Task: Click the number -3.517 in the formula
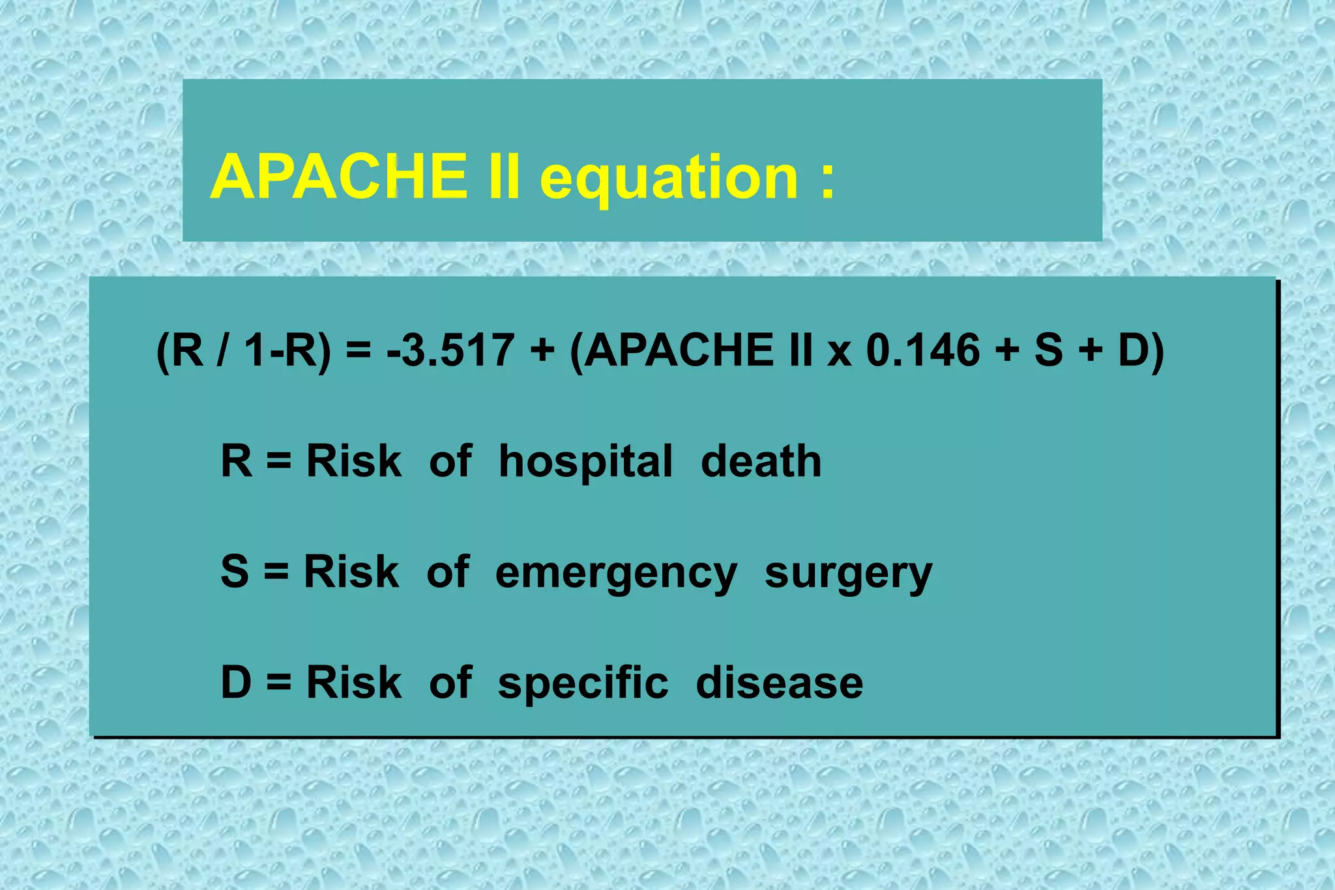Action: point(450,350)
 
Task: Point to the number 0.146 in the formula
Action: point(923,350)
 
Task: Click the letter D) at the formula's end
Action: point(1141,350)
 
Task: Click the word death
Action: point(761,461)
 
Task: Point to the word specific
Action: point(583,685)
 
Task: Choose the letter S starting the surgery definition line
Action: point(235,571)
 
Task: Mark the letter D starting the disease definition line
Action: point(236,682)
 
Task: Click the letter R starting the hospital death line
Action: point(236,461)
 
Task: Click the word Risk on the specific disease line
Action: point(354,682)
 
